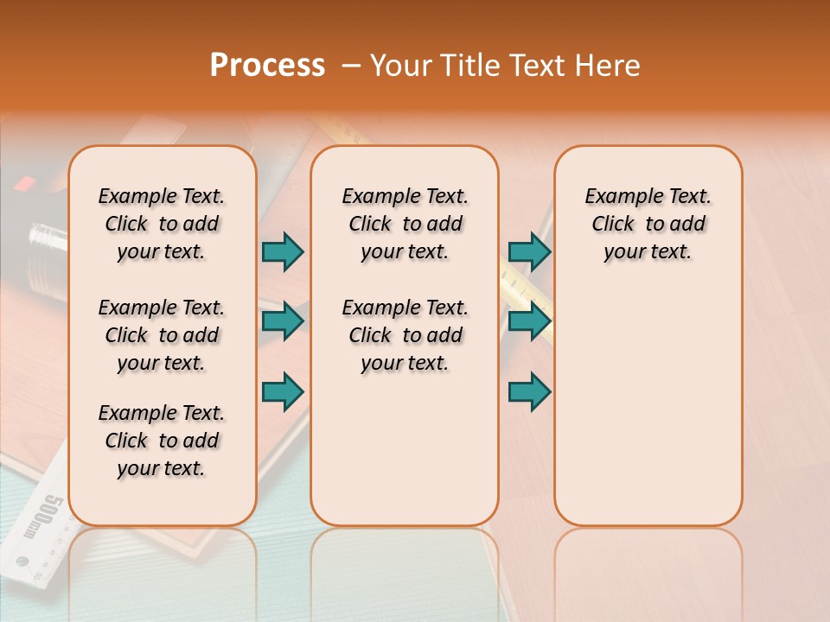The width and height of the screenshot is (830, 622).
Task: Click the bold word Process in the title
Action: click(x=267, y=66)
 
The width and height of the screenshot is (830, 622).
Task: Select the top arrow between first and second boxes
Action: click(x=283, y=251)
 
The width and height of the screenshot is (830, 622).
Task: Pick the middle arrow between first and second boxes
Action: click(x=283, y=321)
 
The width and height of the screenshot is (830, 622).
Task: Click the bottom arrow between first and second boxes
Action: click(x=283, y=391)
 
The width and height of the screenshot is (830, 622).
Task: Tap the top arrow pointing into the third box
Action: click(x=530, y=251)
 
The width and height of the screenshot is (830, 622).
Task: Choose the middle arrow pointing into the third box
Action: click(x=530, y=321)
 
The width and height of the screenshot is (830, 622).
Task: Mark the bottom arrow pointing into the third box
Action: click(x=530, y=391)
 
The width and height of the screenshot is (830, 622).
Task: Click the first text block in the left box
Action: click(x=162, y=224)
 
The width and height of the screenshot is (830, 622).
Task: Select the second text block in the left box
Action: click(x=162, y=335)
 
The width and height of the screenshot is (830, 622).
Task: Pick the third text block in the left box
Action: click(x=162, y=441)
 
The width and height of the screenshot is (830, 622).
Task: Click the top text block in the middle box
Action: click(x=405, y=224)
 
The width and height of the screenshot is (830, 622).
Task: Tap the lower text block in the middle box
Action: click(x=405, y=335)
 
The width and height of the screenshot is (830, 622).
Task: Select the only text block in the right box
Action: click(x=648, y=224)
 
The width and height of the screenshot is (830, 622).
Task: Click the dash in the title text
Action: click(x=351, y=67)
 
